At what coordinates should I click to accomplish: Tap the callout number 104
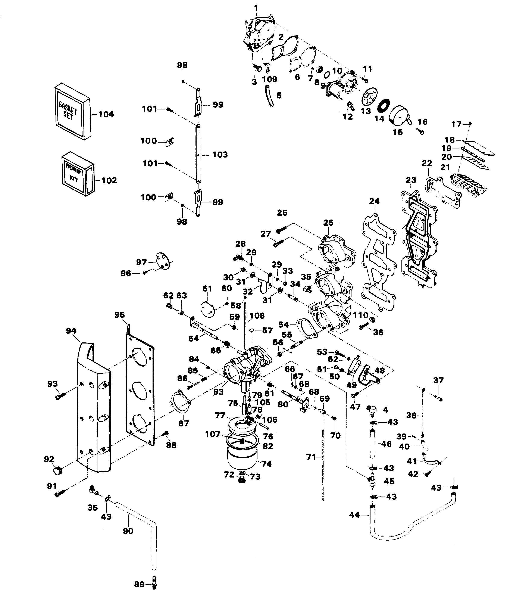coord(106,114)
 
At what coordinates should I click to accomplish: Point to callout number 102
coord(109,181)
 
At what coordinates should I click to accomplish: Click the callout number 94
coord(71,331)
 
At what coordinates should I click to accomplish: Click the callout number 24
coord(374,201)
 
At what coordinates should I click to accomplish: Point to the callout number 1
coord(256,8)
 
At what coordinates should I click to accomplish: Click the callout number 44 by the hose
coord(354,515)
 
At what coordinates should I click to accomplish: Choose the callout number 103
coord(220,155)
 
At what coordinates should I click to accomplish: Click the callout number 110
coord(360,315)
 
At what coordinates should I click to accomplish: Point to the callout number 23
coord(411,180)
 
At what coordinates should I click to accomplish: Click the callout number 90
coord(128,531)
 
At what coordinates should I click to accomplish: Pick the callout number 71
coord(311,457)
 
